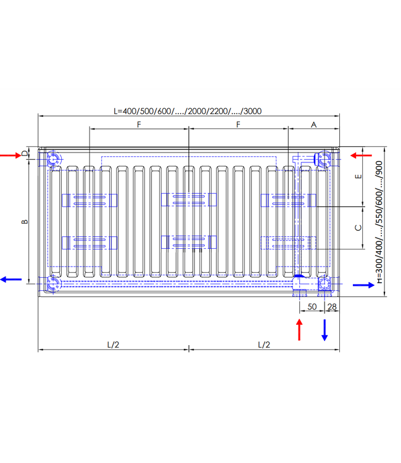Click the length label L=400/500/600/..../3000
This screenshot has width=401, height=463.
188,111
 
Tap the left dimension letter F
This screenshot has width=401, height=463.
139,125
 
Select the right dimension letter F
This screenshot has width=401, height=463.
238,125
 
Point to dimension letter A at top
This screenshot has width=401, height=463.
313,125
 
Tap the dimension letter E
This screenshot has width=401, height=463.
358,177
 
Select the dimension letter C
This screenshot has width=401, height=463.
358,227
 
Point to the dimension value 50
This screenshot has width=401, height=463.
312,307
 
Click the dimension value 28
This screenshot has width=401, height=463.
332,307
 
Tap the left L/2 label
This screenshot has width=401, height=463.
113,344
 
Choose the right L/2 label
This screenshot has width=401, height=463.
263,344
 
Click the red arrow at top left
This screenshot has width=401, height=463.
10,155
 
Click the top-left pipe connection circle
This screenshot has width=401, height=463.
54,159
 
